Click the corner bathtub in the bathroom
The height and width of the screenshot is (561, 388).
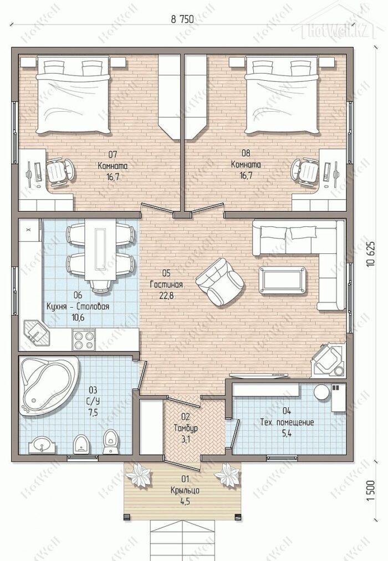47,386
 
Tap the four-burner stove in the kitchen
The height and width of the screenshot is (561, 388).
84,340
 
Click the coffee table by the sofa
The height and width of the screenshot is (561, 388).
283,280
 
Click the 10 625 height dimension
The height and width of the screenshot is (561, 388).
371,253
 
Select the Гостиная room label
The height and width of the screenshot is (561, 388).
166,285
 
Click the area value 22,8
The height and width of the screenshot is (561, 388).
166,296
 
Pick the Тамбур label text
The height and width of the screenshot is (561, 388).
185,428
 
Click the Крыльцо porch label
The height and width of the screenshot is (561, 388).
185,490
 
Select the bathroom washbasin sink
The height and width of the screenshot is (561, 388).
42,445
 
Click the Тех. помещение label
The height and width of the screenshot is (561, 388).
287,422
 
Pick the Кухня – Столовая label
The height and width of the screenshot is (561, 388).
78,307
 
